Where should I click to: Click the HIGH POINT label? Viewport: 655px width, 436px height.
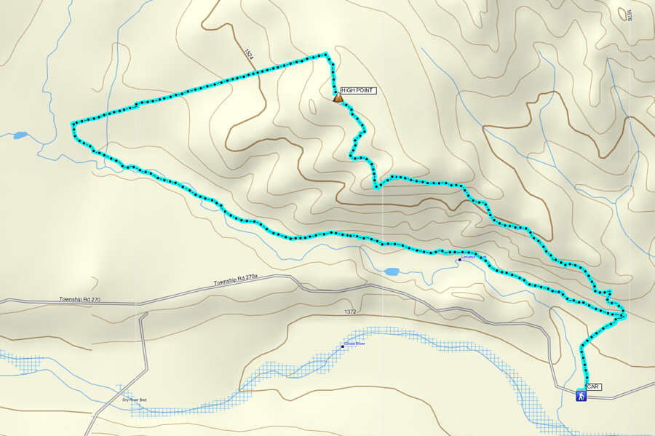click(x=357, y=90)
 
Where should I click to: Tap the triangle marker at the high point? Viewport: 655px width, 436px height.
click(x=338, y=98)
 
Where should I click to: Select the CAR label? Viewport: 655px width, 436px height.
click(x=593, y=387)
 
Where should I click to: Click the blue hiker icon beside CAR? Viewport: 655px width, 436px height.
click(x=581, y=396)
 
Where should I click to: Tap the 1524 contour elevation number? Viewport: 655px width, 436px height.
click(x=249, y=55)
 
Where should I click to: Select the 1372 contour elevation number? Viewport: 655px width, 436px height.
click(x=351, y=312)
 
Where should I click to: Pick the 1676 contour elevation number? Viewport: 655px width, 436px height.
click(x=628, y=15)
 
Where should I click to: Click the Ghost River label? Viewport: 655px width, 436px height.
click(x=355, y=344)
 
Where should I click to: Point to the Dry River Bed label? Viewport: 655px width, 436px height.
click(x=134, y=400)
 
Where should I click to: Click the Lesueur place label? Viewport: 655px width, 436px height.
click(x=468, y=257)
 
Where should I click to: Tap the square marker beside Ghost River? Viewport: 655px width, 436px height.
click(x=343, y=346)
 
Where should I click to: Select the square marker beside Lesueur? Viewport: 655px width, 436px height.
click(x=459, y=260)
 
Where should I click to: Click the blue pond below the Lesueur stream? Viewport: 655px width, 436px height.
click(x=392, y=271)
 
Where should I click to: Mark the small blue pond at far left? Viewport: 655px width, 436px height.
click(x=20, y=135)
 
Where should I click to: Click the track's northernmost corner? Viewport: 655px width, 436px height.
click(x=325, y=53)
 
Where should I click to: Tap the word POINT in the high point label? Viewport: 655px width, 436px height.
click(x=365, y=90)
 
